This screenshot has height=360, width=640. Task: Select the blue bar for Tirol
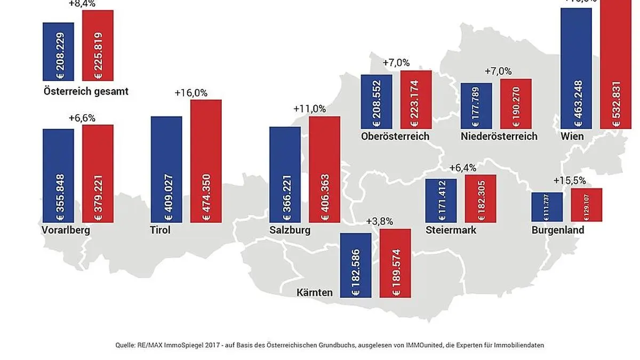coord(166,170)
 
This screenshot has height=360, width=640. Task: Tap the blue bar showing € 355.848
coord(58,176)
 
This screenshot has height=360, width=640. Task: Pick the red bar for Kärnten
coord(395,263)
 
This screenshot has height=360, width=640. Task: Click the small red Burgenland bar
coord(587,205)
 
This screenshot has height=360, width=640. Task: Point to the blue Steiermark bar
coord(441,201)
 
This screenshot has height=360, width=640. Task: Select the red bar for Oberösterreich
coord(416,99)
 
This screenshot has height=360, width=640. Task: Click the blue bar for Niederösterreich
coord(476,106)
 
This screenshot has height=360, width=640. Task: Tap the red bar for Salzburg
coord(324,170)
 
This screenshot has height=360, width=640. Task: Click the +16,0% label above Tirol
coord(191,93)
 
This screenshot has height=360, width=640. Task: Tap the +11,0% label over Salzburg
coord(309,109)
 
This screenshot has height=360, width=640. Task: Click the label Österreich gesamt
coord(86,91)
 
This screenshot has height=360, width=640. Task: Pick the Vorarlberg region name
coord(65,230)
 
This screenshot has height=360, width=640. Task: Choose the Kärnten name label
coord(315,292)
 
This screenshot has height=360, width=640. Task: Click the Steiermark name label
coord(451,230)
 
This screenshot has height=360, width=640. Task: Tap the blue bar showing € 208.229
coord(58,52)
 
